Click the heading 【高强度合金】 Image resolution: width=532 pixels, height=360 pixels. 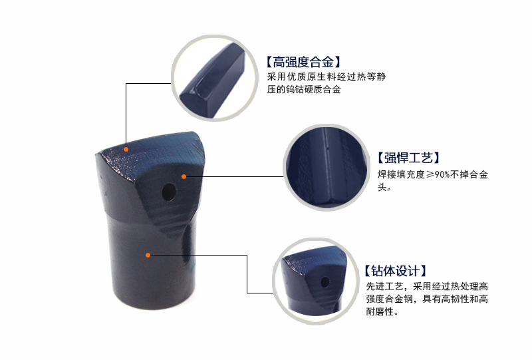303,62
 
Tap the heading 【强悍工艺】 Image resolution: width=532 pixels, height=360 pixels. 408,158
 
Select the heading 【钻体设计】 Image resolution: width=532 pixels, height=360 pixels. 394,271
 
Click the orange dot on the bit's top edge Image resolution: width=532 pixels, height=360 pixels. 126,149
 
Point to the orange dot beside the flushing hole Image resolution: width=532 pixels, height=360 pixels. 184,176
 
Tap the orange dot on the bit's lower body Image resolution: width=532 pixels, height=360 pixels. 148,255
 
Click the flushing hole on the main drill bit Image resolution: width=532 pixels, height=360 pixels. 169,192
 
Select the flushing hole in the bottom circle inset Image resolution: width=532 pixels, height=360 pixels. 325,281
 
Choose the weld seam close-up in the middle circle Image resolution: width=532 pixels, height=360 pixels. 327,167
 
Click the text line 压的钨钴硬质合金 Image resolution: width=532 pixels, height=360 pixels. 304,89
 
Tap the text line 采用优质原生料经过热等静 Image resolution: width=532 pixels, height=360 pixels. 326,77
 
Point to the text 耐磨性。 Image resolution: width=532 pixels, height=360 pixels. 382,311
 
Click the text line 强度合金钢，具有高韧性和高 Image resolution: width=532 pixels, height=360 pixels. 427,299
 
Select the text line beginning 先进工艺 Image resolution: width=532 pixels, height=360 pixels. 427,286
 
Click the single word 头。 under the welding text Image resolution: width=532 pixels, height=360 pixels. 384,187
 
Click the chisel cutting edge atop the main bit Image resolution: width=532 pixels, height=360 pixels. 149,144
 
